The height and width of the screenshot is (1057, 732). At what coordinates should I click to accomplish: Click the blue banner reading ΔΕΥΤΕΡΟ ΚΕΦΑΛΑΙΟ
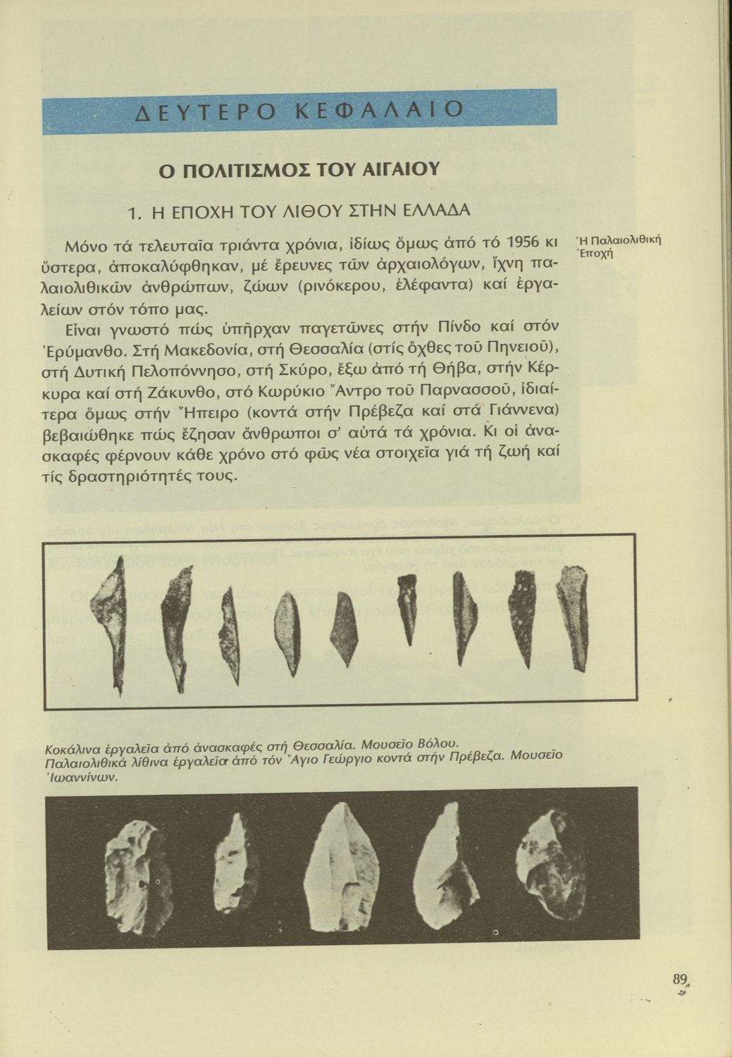(x=299, y=110)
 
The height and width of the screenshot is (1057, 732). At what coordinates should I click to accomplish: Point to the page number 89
(x=679, y=979)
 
